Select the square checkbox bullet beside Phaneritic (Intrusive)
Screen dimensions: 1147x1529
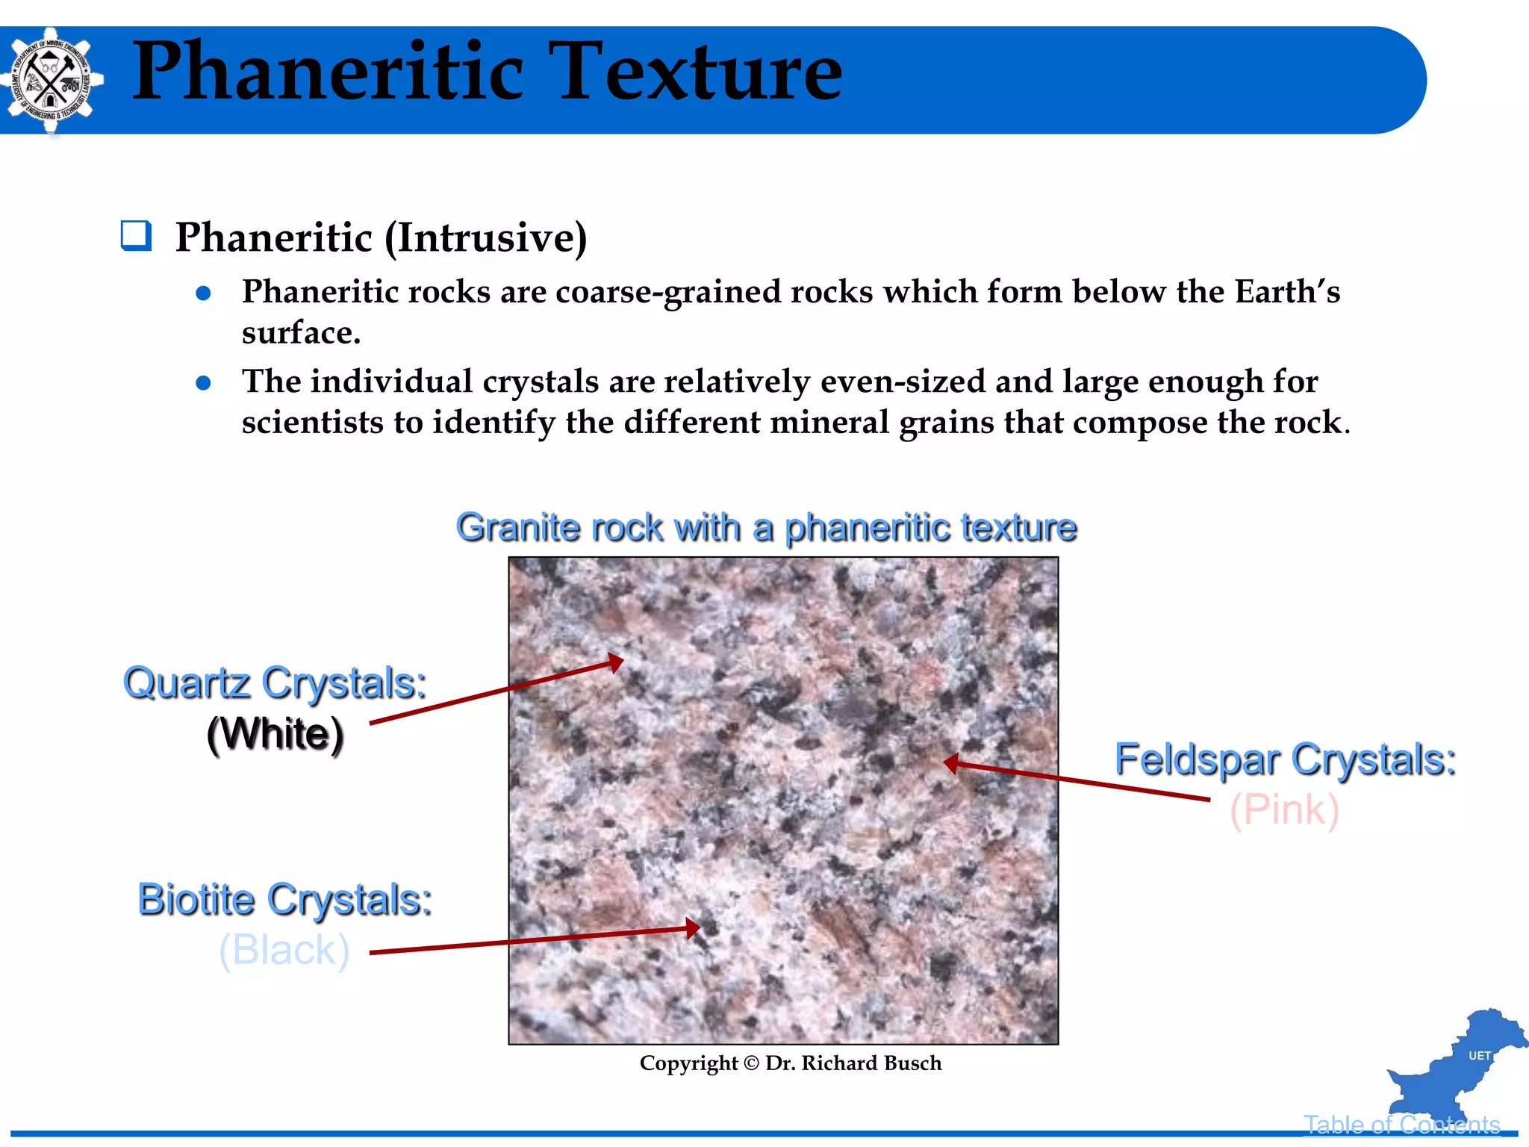pos(136,236)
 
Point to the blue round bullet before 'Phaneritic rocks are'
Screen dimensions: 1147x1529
pos(203,293)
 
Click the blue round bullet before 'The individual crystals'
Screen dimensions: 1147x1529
pos(203,383)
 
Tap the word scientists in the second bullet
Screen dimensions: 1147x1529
pos(311,423)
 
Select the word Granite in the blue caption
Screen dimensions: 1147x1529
pos(518,528)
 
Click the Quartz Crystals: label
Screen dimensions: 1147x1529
pos(275,683)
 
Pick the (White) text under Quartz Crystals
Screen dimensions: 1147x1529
pos(275,734)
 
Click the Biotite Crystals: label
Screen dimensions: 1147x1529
pos(284,900)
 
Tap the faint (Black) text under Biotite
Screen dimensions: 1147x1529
pos(284,950)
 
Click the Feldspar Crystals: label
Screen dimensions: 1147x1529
pos(1285,760)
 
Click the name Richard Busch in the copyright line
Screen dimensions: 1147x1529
pos(871,1063)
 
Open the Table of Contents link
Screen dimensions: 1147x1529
pos(1401,1125)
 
